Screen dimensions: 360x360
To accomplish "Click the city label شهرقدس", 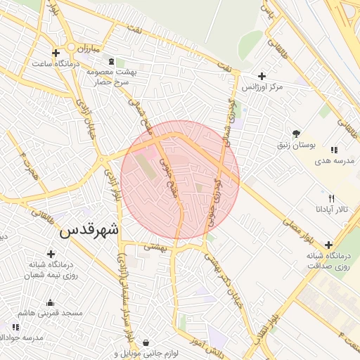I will point(89,230).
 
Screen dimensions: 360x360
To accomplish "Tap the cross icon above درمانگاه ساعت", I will point(56,53).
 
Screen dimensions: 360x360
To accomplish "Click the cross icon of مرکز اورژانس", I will point(262,76).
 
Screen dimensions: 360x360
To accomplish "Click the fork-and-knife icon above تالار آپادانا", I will point(331,198).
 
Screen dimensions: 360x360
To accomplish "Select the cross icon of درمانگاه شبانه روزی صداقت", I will point(328,245).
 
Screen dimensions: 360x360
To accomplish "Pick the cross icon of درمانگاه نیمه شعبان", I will point(51,254).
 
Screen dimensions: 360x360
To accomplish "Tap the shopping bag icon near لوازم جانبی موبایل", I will point(145,343).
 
